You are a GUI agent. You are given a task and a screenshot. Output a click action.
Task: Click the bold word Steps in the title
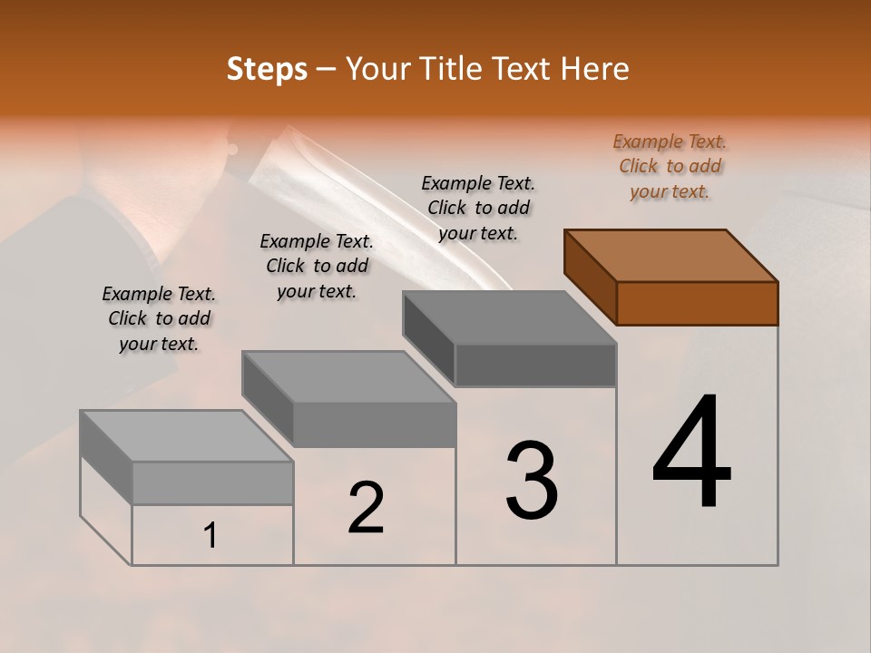pyautogui.click(x=267, y=69)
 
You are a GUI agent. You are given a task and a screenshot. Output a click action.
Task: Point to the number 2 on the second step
pyautogui.click(x=366, y=508)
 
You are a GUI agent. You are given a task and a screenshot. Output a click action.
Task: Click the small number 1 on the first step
pyautogui.click(x=210, y=536)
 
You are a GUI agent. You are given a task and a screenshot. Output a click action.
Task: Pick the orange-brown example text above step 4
pyautogui.click(x=670, y=166)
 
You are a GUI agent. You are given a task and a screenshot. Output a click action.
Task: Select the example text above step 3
pyautogui.click(x=478, y=208)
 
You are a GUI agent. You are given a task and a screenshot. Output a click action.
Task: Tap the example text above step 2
pyautogui.click(x=317, y=266)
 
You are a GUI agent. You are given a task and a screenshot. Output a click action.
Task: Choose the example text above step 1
pyautogui.click(x=159, y=318)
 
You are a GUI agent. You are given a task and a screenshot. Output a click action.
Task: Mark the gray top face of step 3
pyautogui.click(x=509, y=317)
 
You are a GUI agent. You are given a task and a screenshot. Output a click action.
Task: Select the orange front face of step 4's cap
pyautogui.click(x=697, y=303)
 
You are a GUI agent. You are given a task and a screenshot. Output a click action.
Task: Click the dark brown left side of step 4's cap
pyautogui.click(x=590, y=276)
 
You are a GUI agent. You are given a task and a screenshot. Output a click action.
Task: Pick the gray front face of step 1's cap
pyautogui.click(x=212, y=482)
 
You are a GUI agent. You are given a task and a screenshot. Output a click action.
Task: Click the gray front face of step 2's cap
pyautogui.click(x=374, y=424)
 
